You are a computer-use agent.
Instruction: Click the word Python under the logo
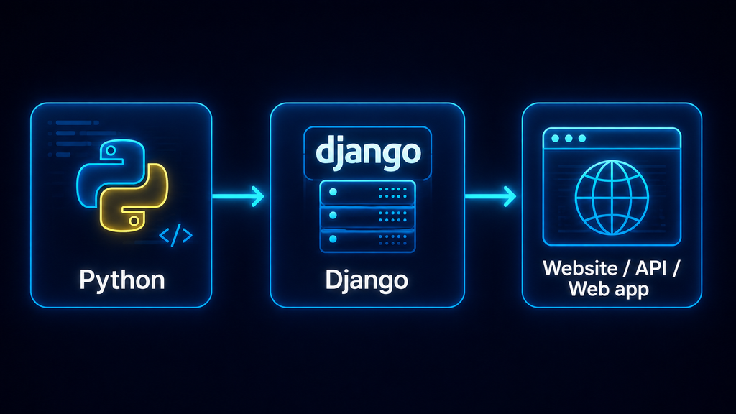click(122, 281)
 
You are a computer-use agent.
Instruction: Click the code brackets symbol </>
click(175, 236)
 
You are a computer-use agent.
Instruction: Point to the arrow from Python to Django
click(238, 196)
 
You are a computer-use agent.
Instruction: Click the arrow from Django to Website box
click(490, 196)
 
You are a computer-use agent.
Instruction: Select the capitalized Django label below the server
click(367, 280)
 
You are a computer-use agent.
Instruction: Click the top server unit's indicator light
click(333, 192)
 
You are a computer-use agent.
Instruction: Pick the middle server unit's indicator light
click(333, 216)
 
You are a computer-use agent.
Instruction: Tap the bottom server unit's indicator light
click(333, 239)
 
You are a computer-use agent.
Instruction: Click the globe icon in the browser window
click(612, 198)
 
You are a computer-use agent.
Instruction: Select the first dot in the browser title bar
click(556, 139)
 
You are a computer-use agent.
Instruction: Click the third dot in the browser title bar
click(582, 139)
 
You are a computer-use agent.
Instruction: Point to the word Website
click(580, 269)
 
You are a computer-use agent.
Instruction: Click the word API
click(651, 269)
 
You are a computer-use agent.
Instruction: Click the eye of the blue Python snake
click(111, 151)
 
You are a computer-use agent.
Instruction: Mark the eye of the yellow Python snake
click(134, 220)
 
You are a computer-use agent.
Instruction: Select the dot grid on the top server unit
click(392, 193)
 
